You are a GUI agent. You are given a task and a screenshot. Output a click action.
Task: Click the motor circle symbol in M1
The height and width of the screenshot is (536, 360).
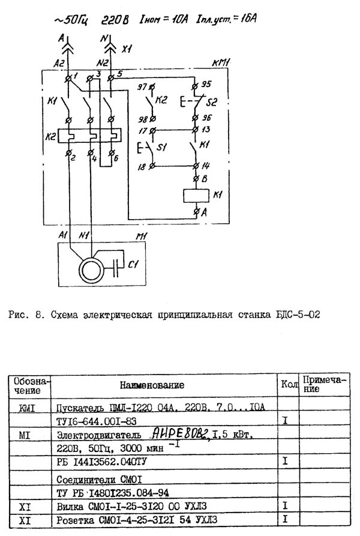click(88, 265)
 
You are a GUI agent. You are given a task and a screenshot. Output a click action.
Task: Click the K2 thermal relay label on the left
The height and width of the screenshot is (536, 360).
click(49, 137)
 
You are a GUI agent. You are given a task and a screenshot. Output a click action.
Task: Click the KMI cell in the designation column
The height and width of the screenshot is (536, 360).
click(25, 408)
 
